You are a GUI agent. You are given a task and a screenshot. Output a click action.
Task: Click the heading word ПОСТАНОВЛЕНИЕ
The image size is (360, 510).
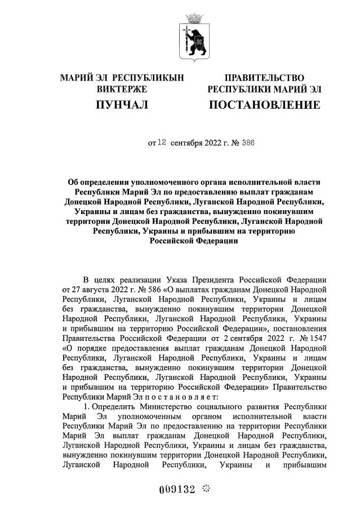(x=264, y=105)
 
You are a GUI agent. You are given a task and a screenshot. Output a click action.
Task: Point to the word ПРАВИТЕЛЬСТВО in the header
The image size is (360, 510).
(x=264, y=77)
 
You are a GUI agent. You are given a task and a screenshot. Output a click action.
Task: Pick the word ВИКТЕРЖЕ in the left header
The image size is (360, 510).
(x=122, y=89)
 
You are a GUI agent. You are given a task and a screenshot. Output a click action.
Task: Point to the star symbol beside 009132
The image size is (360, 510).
(x=207, y=488)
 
